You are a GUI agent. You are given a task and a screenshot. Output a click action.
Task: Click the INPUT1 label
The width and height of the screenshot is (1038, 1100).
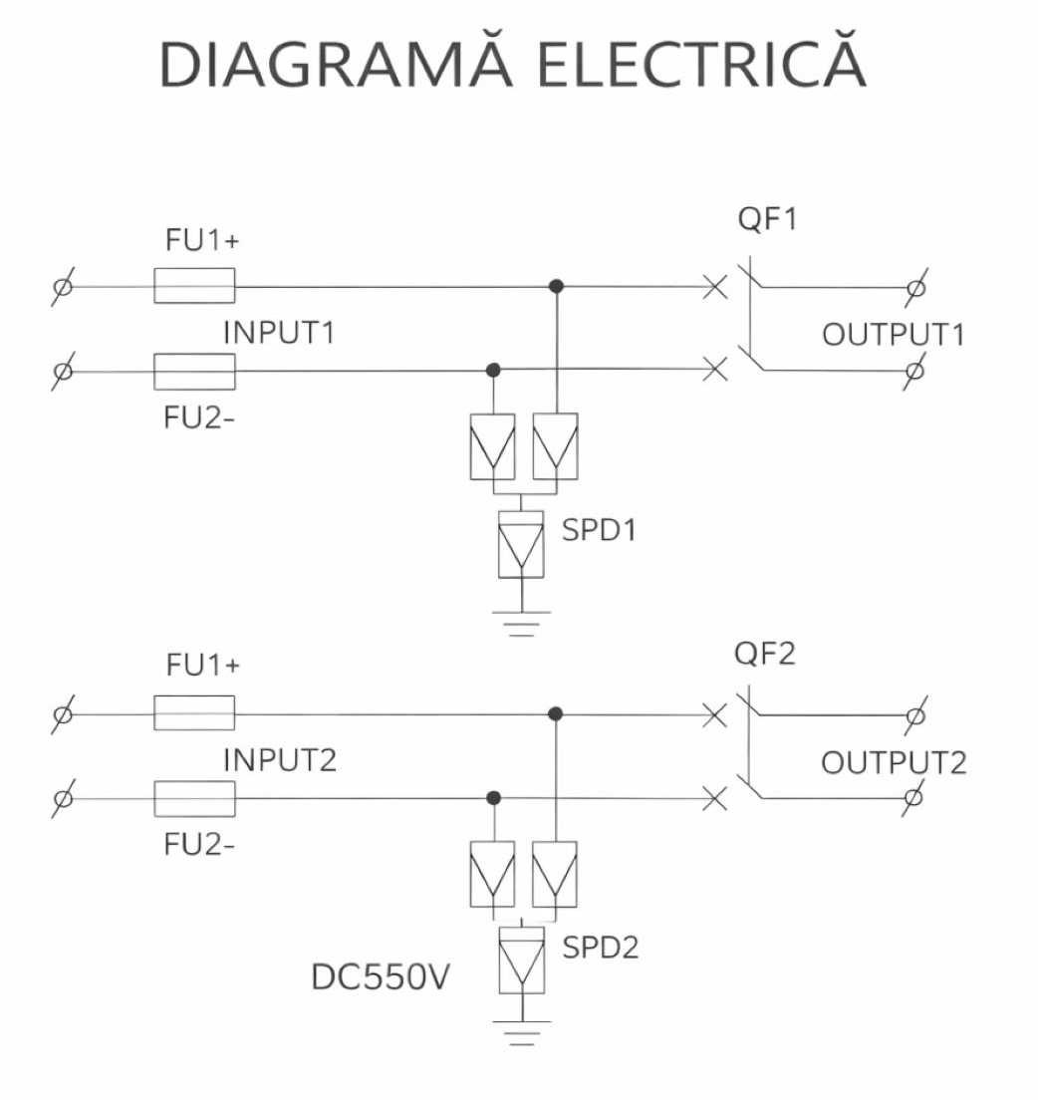pos(279,333)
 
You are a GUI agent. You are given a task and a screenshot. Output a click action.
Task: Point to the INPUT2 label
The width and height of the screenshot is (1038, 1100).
pos(280,760)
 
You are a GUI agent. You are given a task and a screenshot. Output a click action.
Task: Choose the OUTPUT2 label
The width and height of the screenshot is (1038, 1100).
pos(894,763)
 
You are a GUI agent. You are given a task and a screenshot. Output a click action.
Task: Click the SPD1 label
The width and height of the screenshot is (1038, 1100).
pos(599,530)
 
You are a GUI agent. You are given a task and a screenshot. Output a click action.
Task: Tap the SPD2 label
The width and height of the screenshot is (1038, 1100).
pos(600,947)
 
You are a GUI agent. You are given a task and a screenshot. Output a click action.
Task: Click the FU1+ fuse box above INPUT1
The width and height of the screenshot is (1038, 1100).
pos(194,286)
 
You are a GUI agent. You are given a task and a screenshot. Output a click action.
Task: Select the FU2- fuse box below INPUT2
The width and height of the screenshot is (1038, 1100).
pos(194,799)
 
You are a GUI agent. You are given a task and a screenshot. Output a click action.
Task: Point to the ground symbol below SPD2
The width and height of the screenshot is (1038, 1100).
pos(521,1033)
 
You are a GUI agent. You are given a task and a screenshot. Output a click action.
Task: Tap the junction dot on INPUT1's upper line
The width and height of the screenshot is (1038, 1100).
pos(556,286)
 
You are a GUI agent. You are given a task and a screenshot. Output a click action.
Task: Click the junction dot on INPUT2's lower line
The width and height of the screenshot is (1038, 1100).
pos(492,798)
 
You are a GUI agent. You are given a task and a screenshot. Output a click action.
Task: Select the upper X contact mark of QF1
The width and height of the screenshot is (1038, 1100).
pos(714,287)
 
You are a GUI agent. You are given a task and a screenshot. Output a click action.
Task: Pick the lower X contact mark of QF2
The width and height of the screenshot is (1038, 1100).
pos(714,798)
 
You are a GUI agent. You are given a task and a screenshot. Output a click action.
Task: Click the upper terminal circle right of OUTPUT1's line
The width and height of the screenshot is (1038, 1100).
pos(916,287)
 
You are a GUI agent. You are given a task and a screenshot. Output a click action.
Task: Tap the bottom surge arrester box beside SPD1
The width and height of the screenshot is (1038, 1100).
pos(521,544)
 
